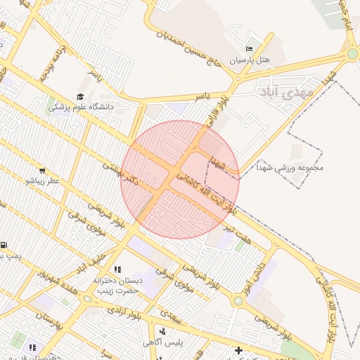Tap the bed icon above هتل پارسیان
coord(251,49)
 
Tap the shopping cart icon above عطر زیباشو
coord(43,170)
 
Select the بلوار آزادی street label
coord(127,314)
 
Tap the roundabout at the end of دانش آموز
coord(238,300)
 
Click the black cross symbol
coord(238,349)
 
